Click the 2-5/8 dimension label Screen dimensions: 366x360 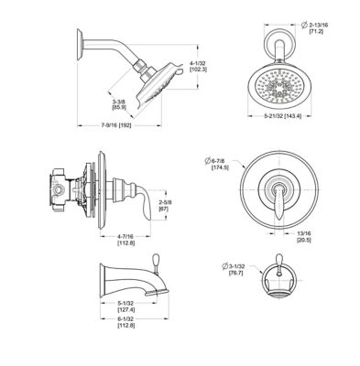point(164,203)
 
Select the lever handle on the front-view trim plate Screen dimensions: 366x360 point(277,200)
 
